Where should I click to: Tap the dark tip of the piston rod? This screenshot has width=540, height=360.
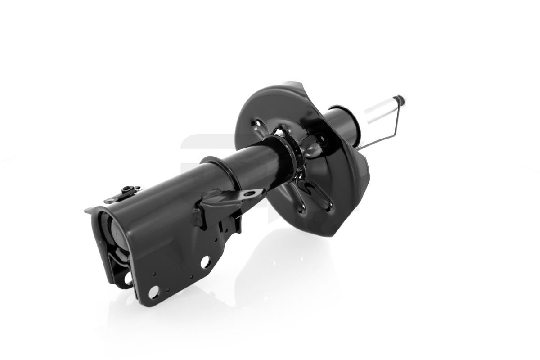pos(400,99)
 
